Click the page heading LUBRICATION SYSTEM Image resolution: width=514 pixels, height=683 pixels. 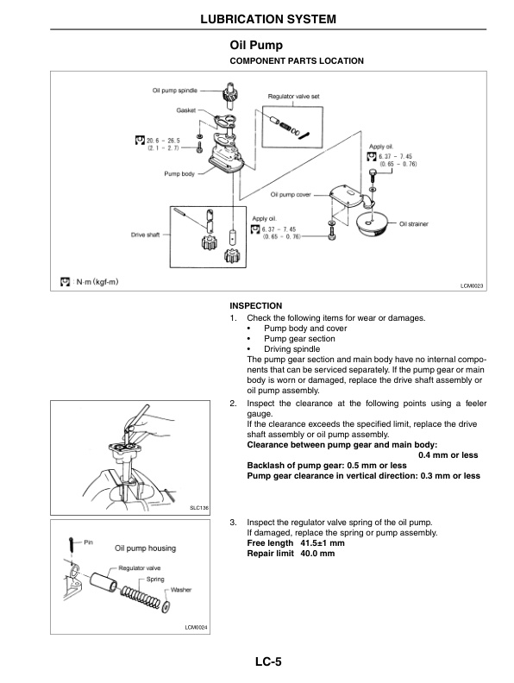click(256, 18)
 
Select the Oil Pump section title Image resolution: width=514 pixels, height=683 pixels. click(256, 45)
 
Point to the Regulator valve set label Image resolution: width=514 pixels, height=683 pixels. click(294, 97)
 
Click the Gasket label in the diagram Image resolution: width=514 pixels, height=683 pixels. click(187, 110)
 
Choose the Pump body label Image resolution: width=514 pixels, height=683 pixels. click(180, 173)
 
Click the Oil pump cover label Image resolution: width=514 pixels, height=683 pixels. click(291, 195)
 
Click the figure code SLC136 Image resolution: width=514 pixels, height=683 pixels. click(199, 508)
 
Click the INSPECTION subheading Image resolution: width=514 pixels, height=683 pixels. click(256, 306)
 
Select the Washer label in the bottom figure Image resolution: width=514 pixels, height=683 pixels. click(181, 589)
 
